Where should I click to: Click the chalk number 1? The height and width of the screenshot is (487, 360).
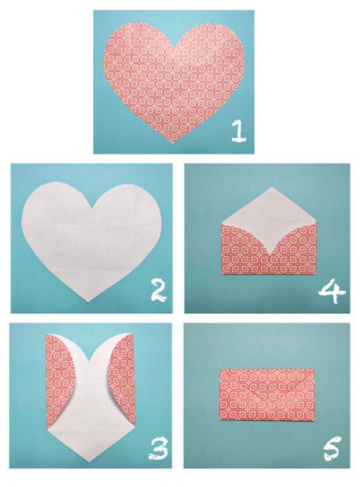(x=238, y=132)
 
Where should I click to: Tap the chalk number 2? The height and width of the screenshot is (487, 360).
(x=159, y=291)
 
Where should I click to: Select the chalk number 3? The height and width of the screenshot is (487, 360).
(x=159, y=449)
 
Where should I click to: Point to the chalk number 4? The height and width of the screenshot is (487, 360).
(x=332, y=291)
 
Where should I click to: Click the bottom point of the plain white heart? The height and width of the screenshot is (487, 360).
(x=88, y=302)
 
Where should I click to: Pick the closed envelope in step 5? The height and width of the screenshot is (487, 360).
(x=267, y=395)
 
